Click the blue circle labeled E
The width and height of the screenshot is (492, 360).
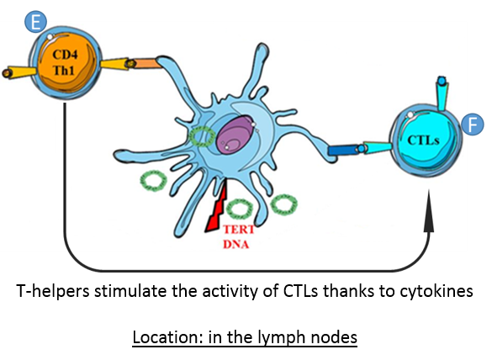point(36,22)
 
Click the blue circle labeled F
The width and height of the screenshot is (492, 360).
point(472,124)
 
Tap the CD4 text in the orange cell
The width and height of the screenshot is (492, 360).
point(65,55)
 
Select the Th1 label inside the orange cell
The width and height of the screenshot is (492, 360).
point(64,71)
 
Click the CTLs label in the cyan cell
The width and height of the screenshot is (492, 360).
point(423,140)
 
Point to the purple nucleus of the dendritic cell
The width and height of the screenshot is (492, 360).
point(234,135)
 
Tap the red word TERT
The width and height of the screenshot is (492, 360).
point(239,230)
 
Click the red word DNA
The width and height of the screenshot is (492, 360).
point(236,244)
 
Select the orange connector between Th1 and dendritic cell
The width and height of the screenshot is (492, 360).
point(146,63)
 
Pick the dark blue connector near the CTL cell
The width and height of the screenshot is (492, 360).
point(343,150)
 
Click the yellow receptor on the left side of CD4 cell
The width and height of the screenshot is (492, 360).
point(19,72)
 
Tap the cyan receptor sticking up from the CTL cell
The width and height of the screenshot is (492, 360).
point(442,93)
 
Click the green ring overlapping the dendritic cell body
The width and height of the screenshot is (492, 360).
point(202,137)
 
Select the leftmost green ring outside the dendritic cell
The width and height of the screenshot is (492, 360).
point(153,181)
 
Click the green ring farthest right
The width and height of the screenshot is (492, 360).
point(284,204)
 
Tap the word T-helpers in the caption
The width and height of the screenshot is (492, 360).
point(52,291)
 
